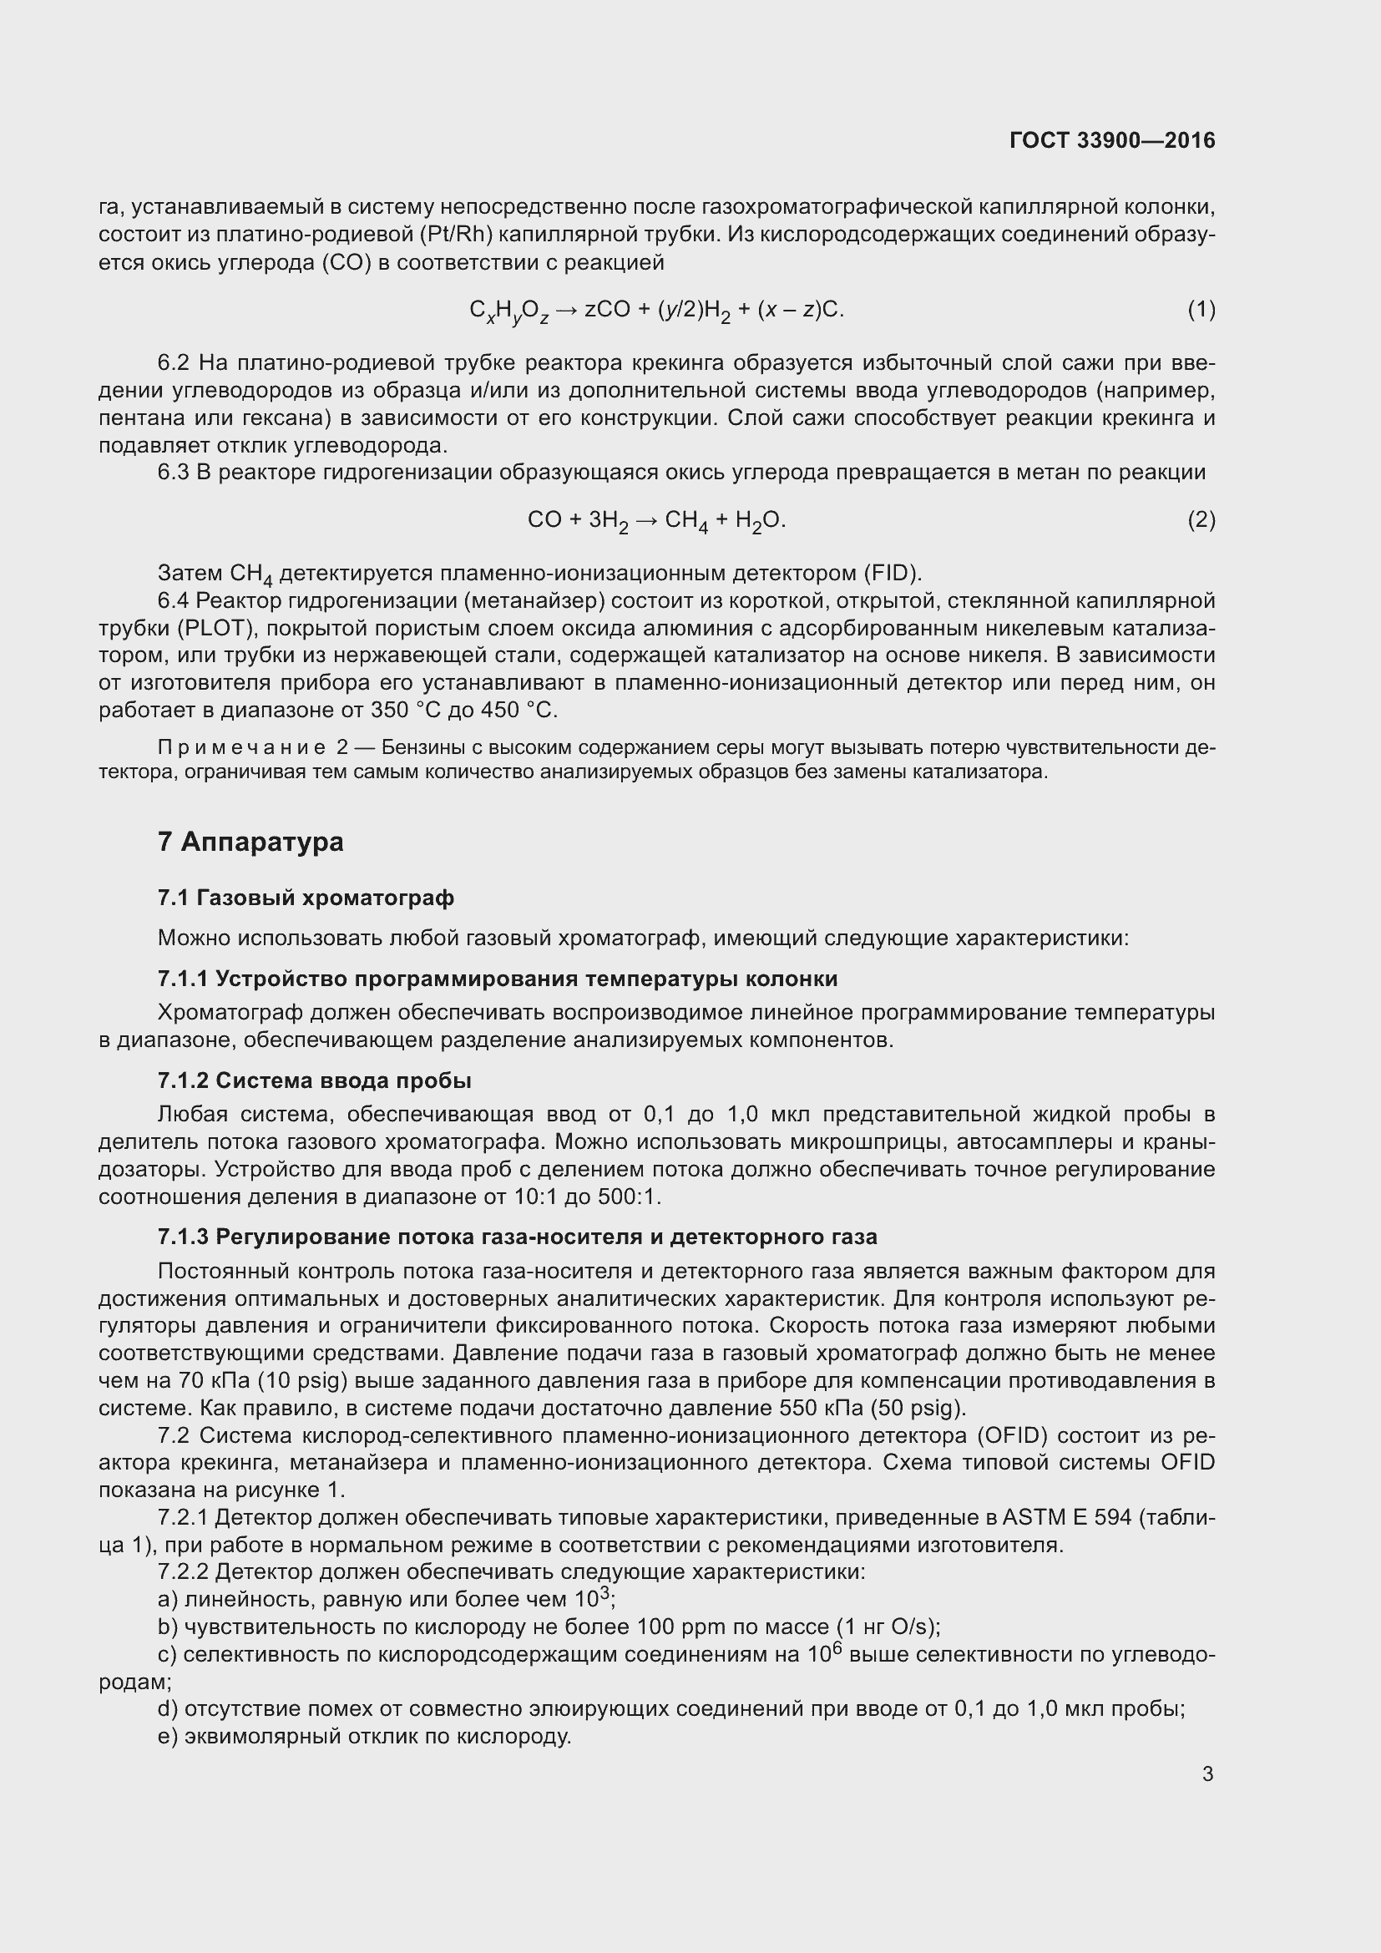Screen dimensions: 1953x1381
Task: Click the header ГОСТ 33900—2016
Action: [1111, 140]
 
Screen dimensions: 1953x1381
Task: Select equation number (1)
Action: [1201, 310]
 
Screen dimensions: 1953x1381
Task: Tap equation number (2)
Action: [1201, 519]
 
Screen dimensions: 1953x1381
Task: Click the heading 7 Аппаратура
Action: [250, 842]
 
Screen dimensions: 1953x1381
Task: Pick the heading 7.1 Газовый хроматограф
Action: [306, 898]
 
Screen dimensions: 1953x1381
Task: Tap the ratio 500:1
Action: [629, 1197]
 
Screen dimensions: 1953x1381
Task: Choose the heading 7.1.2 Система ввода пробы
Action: [314, 1080]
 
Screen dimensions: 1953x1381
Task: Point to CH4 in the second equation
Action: [685, 520]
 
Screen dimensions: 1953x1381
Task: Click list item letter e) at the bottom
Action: [168, 1736]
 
